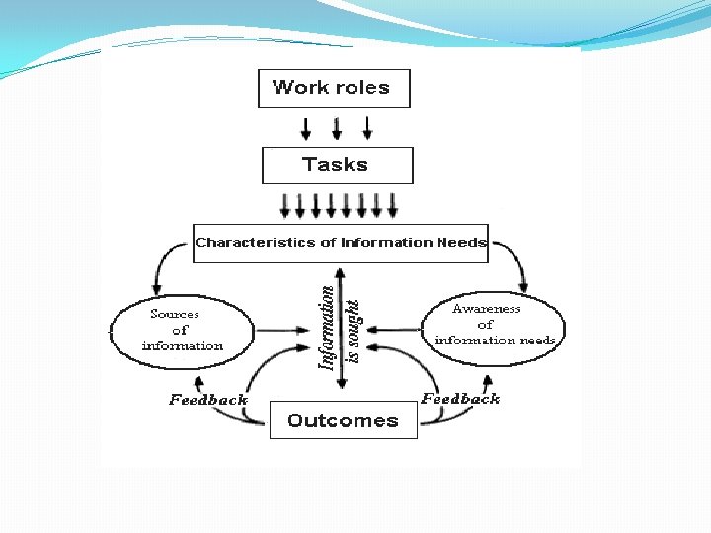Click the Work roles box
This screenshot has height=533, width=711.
click(x=333, y=88)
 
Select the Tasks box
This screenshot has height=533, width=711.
click(x=337, y=165)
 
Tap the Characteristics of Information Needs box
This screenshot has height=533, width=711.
click(x=341, y=243)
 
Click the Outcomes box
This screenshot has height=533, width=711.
click(x=343, y=420)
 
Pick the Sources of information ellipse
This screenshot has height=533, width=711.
click(x=182, y=331)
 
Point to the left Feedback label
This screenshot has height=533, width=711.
click(x=207, y=400)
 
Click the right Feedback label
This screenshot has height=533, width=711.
click(x=460, y=399)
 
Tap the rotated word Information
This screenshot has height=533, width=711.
click(x=326, y=329)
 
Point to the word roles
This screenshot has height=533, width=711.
click(x=361, y=88)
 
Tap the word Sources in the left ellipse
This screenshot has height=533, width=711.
click(x=174, y=314)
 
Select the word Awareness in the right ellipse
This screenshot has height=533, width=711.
click(x=486, y=309)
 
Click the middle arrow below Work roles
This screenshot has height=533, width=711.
click(x=337, y=128)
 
